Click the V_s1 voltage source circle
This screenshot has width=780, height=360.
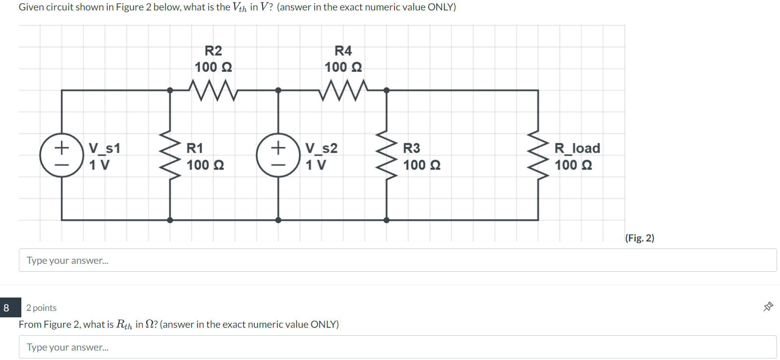coord(62,155)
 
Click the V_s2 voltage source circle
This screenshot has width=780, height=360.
coord(278,155)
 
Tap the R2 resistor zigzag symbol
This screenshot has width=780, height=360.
coord(213,90)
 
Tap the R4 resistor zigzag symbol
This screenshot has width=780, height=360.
coord(343,90)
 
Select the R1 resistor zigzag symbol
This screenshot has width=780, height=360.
coord(170,155)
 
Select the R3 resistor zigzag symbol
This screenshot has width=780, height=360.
coord(387,155)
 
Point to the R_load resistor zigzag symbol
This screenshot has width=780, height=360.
coord(538,155)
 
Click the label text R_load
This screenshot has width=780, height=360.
coord(577,148)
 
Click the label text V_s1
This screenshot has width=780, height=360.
coord(104,148)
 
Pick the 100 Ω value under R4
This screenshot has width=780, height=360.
coord(343,67)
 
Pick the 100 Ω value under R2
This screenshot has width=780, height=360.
coord(213,67)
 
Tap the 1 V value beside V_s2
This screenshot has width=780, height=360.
coord(316,165)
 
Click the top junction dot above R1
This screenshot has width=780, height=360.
coord(170,90)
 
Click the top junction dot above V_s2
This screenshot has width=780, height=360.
coord(278,90)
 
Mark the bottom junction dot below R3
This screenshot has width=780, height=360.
coord(387,220)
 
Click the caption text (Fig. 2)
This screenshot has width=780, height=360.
coord(640,238)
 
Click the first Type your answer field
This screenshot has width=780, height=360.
coord(397,260)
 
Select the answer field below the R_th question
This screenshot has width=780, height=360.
coord(397,347)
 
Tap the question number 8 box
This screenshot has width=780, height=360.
coord(7,308)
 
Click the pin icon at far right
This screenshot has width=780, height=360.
coord(768,307)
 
